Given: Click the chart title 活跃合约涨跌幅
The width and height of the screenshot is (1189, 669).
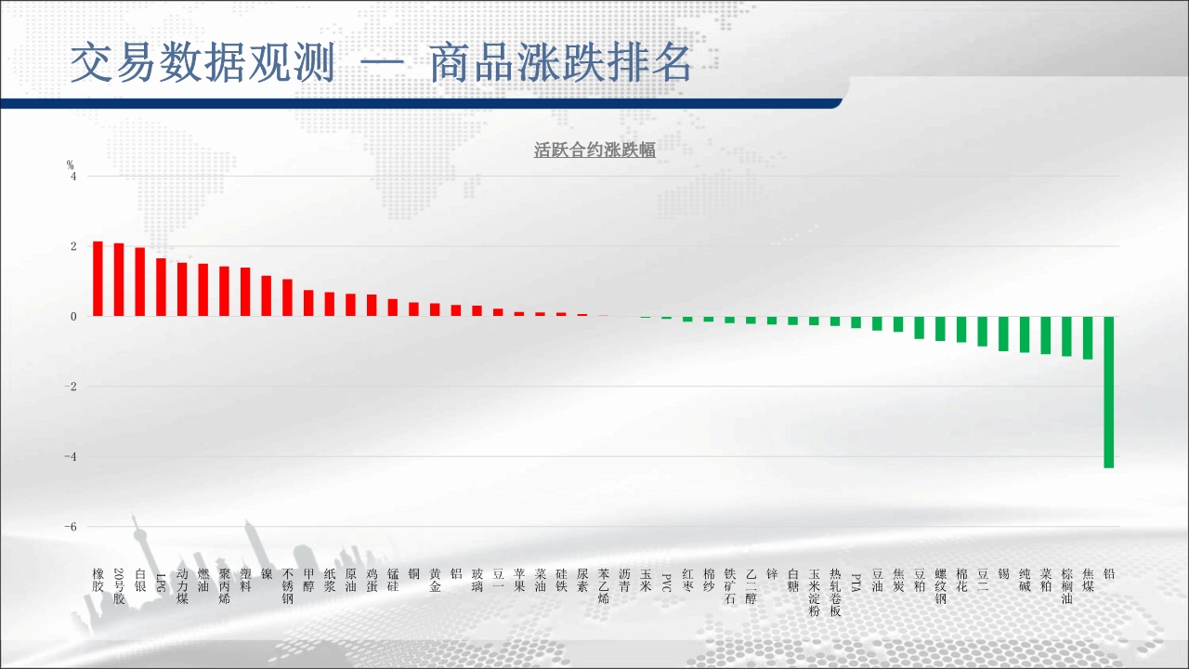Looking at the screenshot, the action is [x=594, y=151].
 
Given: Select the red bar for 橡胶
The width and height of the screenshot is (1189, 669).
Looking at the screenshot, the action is [x=98, y=279].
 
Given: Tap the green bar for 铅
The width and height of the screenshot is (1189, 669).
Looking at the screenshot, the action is [x=1109, y=392].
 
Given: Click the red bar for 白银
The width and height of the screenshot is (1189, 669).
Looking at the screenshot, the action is [x=140, y=282].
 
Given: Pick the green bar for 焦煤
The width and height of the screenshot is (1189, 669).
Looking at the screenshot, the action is [x=1088, y=337].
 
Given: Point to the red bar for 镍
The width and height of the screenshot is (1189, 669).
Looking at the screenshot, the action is [x=267, y=295].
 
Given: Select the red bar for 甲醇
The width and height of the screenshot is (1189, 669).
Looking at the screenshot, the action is [x=308, y=303].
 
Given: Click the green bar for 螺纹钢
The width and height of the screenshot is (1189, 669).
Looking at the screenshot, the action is [x=940, y=329].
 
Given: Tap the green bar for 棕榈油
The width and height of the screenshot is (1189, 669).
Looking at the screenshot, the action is [x=1066, y=336].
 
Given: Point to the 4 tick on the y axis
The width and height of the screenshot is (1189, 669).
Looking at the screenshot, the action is [x=73, y=177].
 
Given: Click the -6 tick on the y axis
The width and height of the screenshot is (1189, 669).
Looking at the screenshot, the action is [x=71, y=527].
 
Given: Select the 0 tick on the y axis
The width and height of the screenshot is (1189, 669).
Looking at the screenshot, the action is [x=73, y=317].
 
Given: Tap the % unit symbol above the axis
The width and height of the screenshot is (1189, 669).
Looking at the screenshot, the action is [x=70, y=165].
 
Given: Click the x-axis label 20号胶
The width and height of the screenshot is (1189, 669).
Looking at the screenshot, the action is [x=119, y=586].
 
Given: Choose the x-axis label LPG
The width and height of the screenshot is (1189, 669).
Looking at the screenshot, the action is [x=162, y=583].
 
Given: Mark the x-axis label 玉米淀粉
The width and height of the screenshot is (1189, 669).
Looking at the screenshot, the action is [x=814, y=593].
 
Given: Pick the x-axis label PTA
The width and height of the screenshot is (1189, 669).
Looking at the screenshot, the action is [x=856, y=583].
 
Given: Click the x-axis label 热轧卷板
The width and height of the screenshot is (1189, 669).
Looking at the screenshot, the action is [x=835, y=593].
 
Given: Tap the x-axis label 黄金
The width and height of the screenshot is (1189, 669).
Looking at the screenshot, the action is [x=435, y=581].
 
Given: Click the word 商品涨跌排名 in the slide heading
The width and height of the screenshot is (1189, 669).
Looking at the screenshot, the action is [x=560, y=63].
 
